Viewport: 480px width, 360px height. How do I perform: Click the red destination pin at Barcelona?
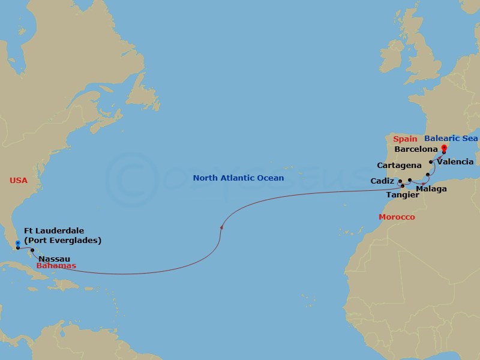tap(443, 149)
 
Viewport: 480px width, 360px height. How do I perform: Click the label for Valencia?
tap(455, 161)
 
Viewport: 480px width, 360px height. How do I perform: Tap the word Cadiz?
tap(382, 180)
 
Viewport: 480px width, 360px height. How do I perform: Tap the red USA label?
tap(18, 180)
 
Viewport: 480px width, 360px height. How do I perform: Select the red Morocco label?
tap(397, 217)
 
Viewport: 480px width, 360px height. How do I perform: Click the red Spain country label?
tap(405, 139)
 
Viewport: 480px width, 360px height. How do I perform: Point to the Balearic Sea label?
tap(451, 139)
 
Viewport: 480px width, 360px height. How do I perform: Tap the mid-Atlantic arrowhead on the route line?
tap(223, 226)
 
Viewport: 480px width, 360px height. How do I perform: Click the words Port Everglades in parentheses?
tap(62, 241)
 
